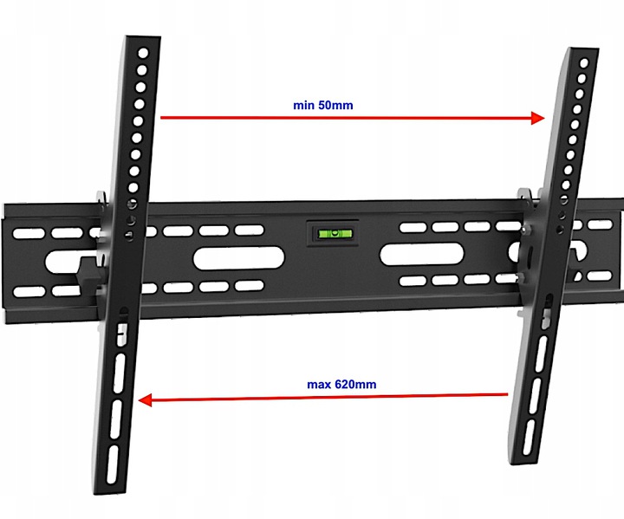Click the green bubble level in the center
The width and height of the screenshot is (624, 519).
pos(335,233)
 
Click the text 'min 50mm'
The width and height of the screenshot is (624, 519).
pos(322,106)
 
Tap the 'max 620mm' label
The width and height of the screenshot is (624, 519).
pos(341,385)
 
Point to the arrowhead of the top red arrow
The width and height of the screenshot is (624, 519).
pos(537,118)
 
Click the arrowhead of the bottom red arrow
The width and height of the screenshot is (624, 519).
pos(145,400)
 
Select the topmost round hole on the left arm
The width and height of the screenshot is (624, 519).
pos(143,53)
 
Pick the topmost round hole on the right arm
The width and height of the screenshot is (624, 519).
pos(584,63)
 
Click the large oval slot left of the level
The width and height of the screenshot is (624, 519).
pos(239,258)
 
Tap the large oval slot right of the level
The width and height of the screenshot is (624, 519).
pos(421,254)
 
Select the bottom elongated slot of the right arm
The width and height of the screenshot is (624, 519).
pos(529,438)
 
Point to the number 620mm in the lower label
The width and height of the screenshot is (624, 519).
pos(355,385)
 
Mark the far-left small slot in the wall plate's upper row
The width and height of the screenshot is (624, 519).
pos(29,233)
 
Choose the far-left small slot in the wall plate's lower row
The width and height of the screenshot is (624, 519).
pos(29,292)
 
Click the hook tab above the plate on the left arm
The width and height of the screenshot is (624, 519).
pos(101,198)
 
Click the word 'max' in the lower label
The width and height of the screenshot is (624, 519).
pos(320,385)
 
